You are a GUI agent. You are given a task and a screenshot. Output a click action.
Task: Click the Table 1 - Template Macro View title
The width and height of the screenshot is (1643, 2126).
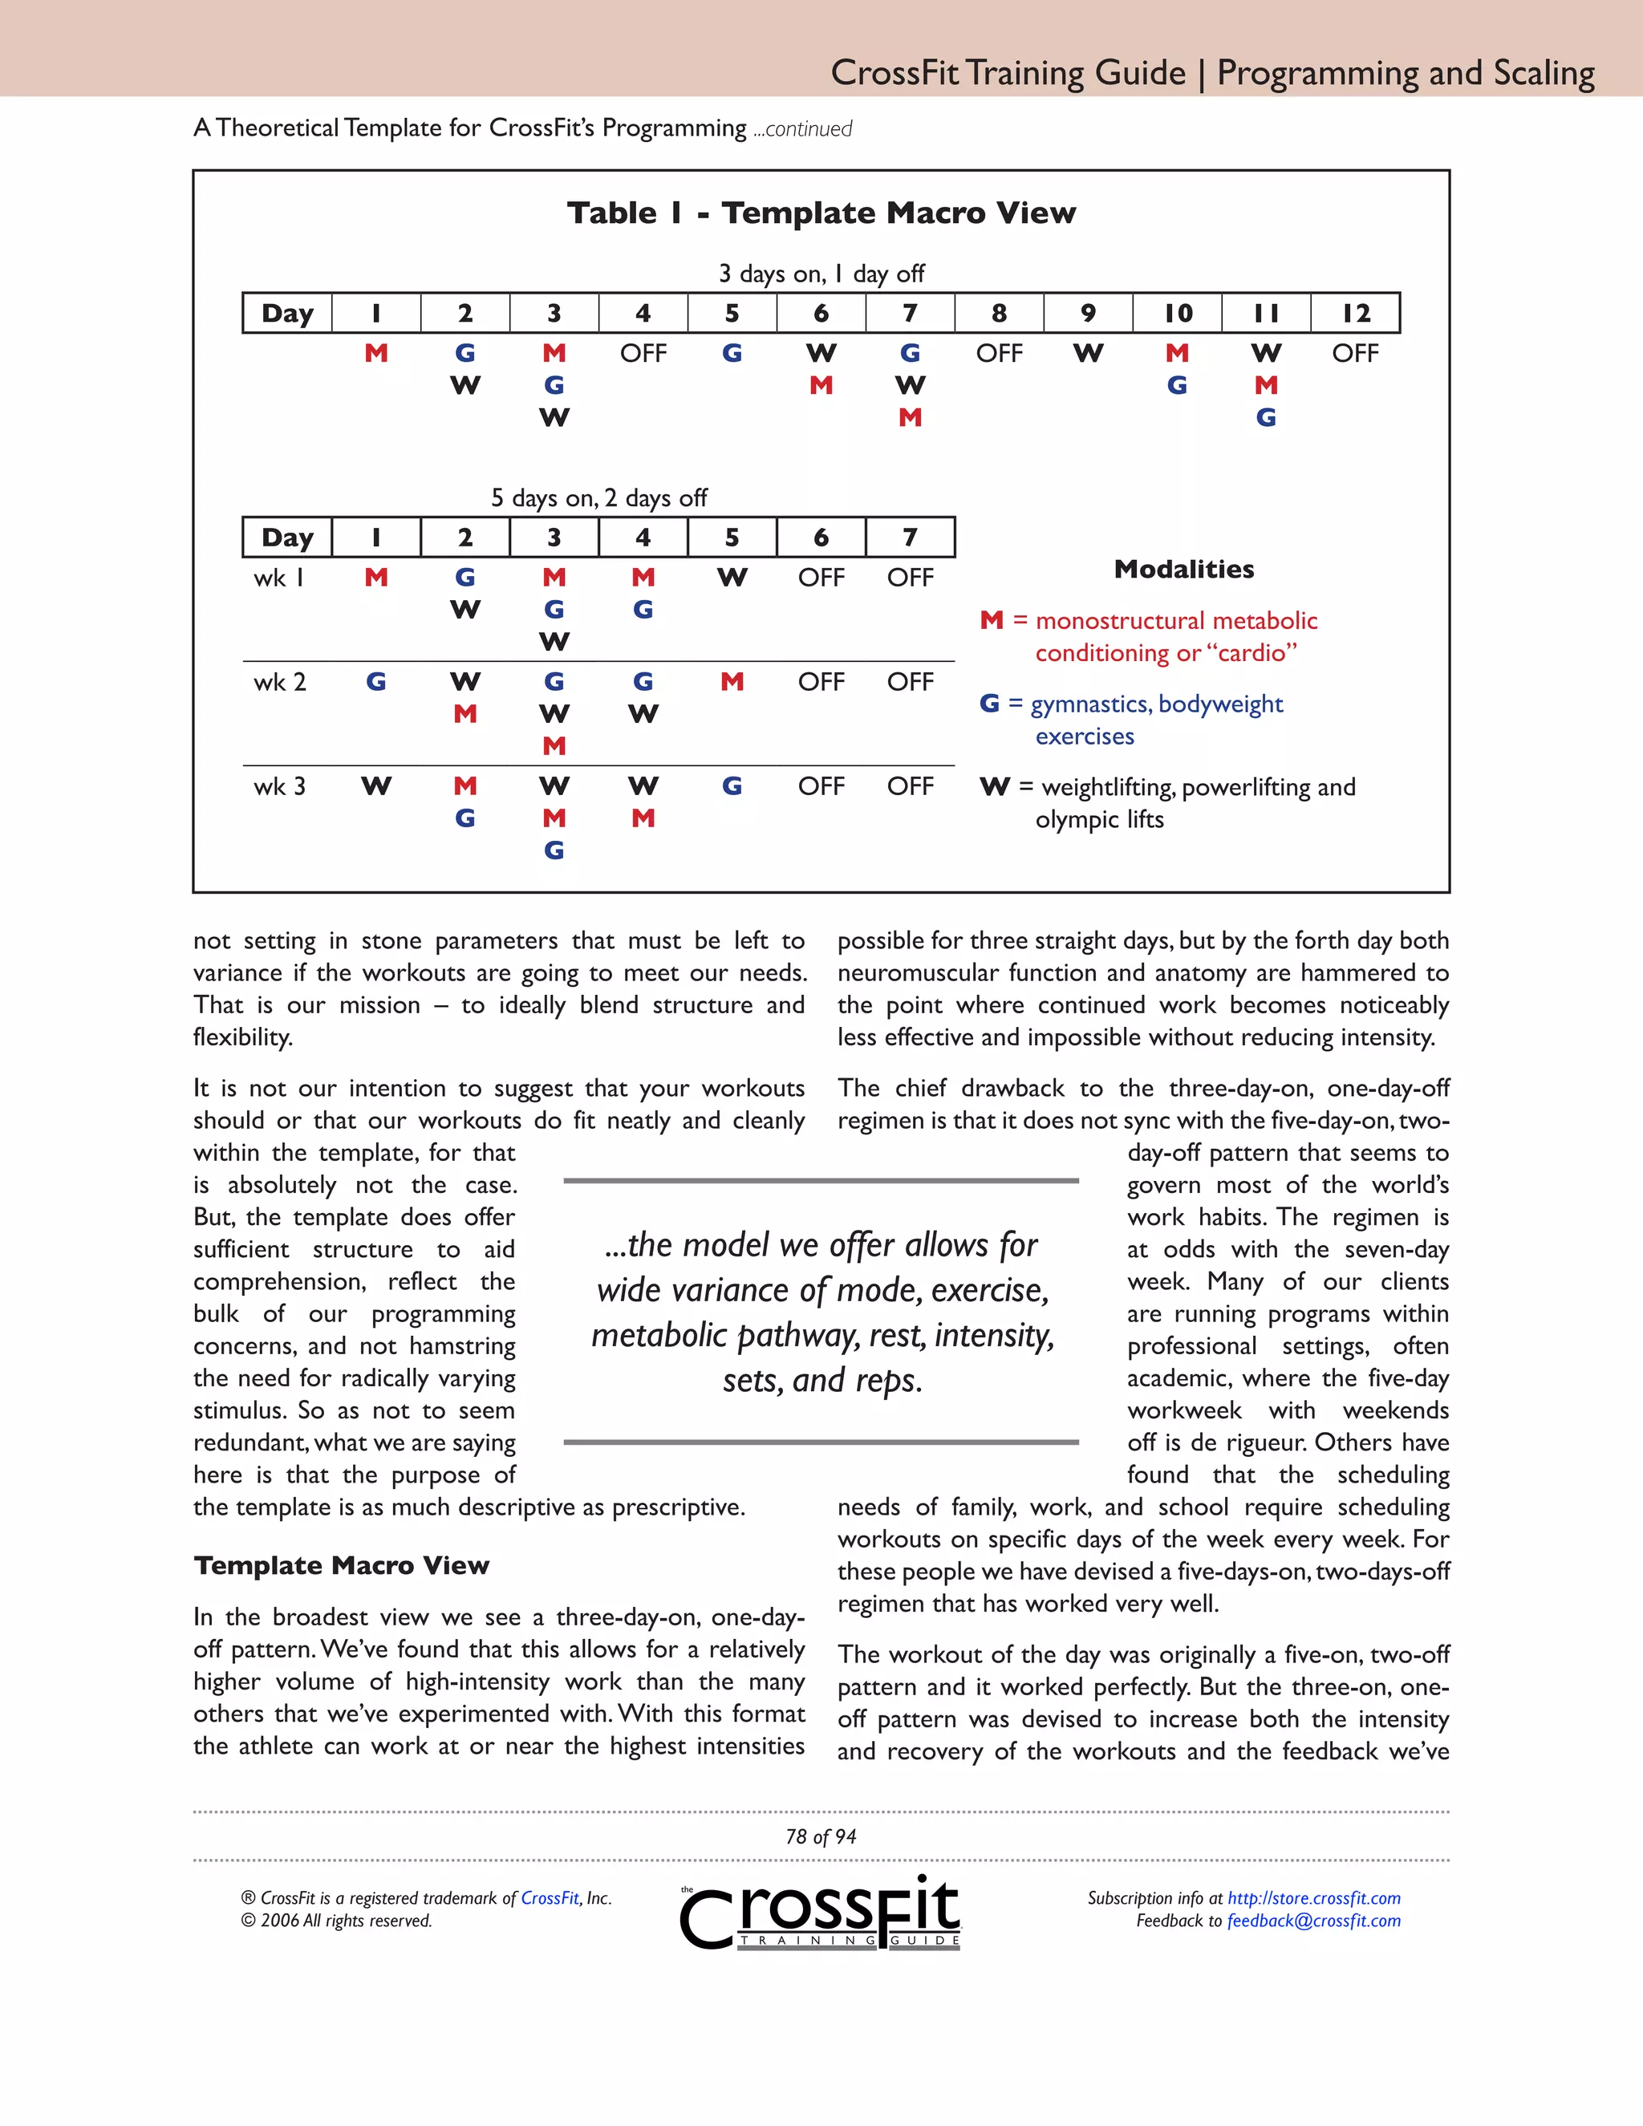821,213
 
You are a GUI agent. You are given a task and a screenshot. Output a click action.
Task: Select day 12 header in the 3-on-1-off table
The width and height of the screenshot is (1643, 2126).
1355,314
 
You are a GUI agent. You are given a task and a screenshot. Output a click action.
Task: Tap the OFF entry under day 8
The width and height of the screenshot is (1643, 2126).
999,353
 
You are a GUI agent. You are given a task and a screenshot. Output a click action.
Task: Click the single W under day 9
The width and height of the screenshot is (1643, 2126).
1088,353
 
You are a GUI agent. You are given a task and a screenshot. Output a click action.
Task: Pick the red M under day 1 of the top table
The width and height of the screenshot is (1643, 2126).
375,353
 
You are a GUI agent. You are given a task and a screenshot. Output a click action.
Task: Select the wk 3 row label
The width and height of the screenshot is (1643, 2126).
279,786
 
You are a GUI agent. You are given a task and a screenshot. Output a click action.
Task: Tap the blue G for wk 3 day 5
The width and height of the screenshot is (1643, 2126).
732,786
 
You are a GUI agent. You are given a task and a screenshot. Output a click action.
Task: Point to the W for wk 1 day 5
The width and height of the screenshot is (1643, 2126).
732,578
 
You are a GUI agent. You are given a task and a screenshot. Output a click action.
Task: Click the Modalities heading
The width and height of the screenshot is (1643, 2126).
1183,570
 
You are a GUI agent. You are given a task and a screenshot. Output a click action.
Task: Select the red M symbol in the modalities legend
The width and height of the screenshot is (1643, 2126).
991,621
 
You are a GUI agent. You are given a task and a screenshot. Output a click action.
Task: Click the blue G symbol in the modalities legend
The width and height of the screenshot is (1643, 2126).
989,704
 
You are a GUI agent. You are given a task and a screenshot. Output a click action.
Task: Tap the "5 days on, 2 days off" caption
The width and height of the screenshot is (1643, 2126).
598,498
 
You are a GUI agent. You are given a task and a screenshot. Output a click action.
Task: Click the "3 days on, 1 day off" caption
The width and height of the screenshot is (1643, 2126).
821,274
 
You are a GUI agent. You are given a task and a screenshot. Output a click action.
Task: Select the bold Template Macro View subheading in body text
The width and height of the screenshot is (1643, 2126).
341,1565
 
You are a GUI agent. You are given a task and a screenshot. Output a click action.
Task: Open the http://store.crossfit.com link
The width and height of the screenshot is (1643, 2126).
1313,1898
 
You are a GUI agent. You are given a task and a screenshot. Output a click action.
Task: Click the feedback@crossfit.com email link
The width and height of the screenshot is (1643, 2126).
1313,1921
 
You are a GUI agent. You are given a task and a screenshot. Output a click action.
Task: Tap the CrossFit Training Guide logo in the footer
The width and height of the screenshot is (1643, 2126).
821,1913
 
